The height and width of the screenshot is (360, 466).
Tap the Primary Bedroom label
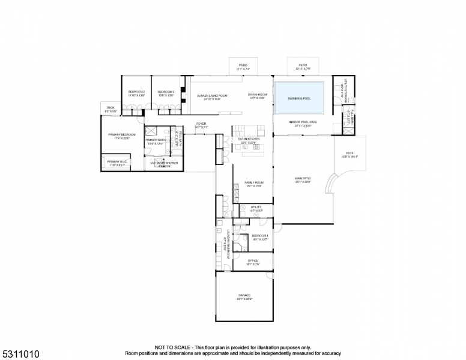[122, 136]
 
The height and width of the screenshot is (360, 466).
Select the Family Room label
[253, 184]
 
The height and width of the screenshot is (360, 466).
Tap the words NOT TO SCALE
[172, 347]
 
